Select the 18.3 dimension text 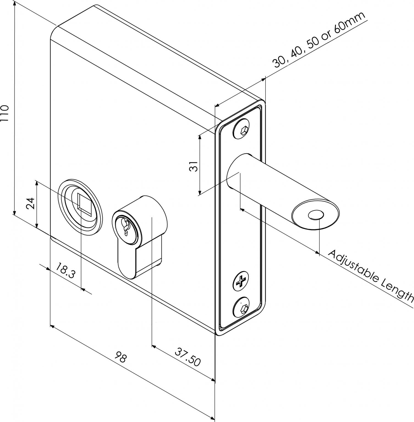65,271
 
